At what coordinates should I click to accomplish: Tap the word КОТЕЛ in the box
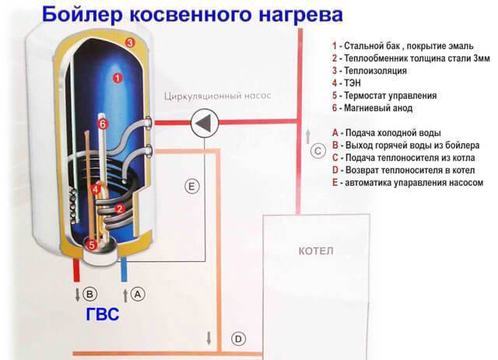coord(316,252)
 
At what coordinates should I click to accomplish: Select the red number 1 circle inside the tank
coord(117,77)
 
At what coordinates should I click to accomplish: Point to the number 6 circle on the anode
coord(103,123)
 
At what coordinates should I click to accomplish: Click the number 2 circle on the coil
coord(120,208)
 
